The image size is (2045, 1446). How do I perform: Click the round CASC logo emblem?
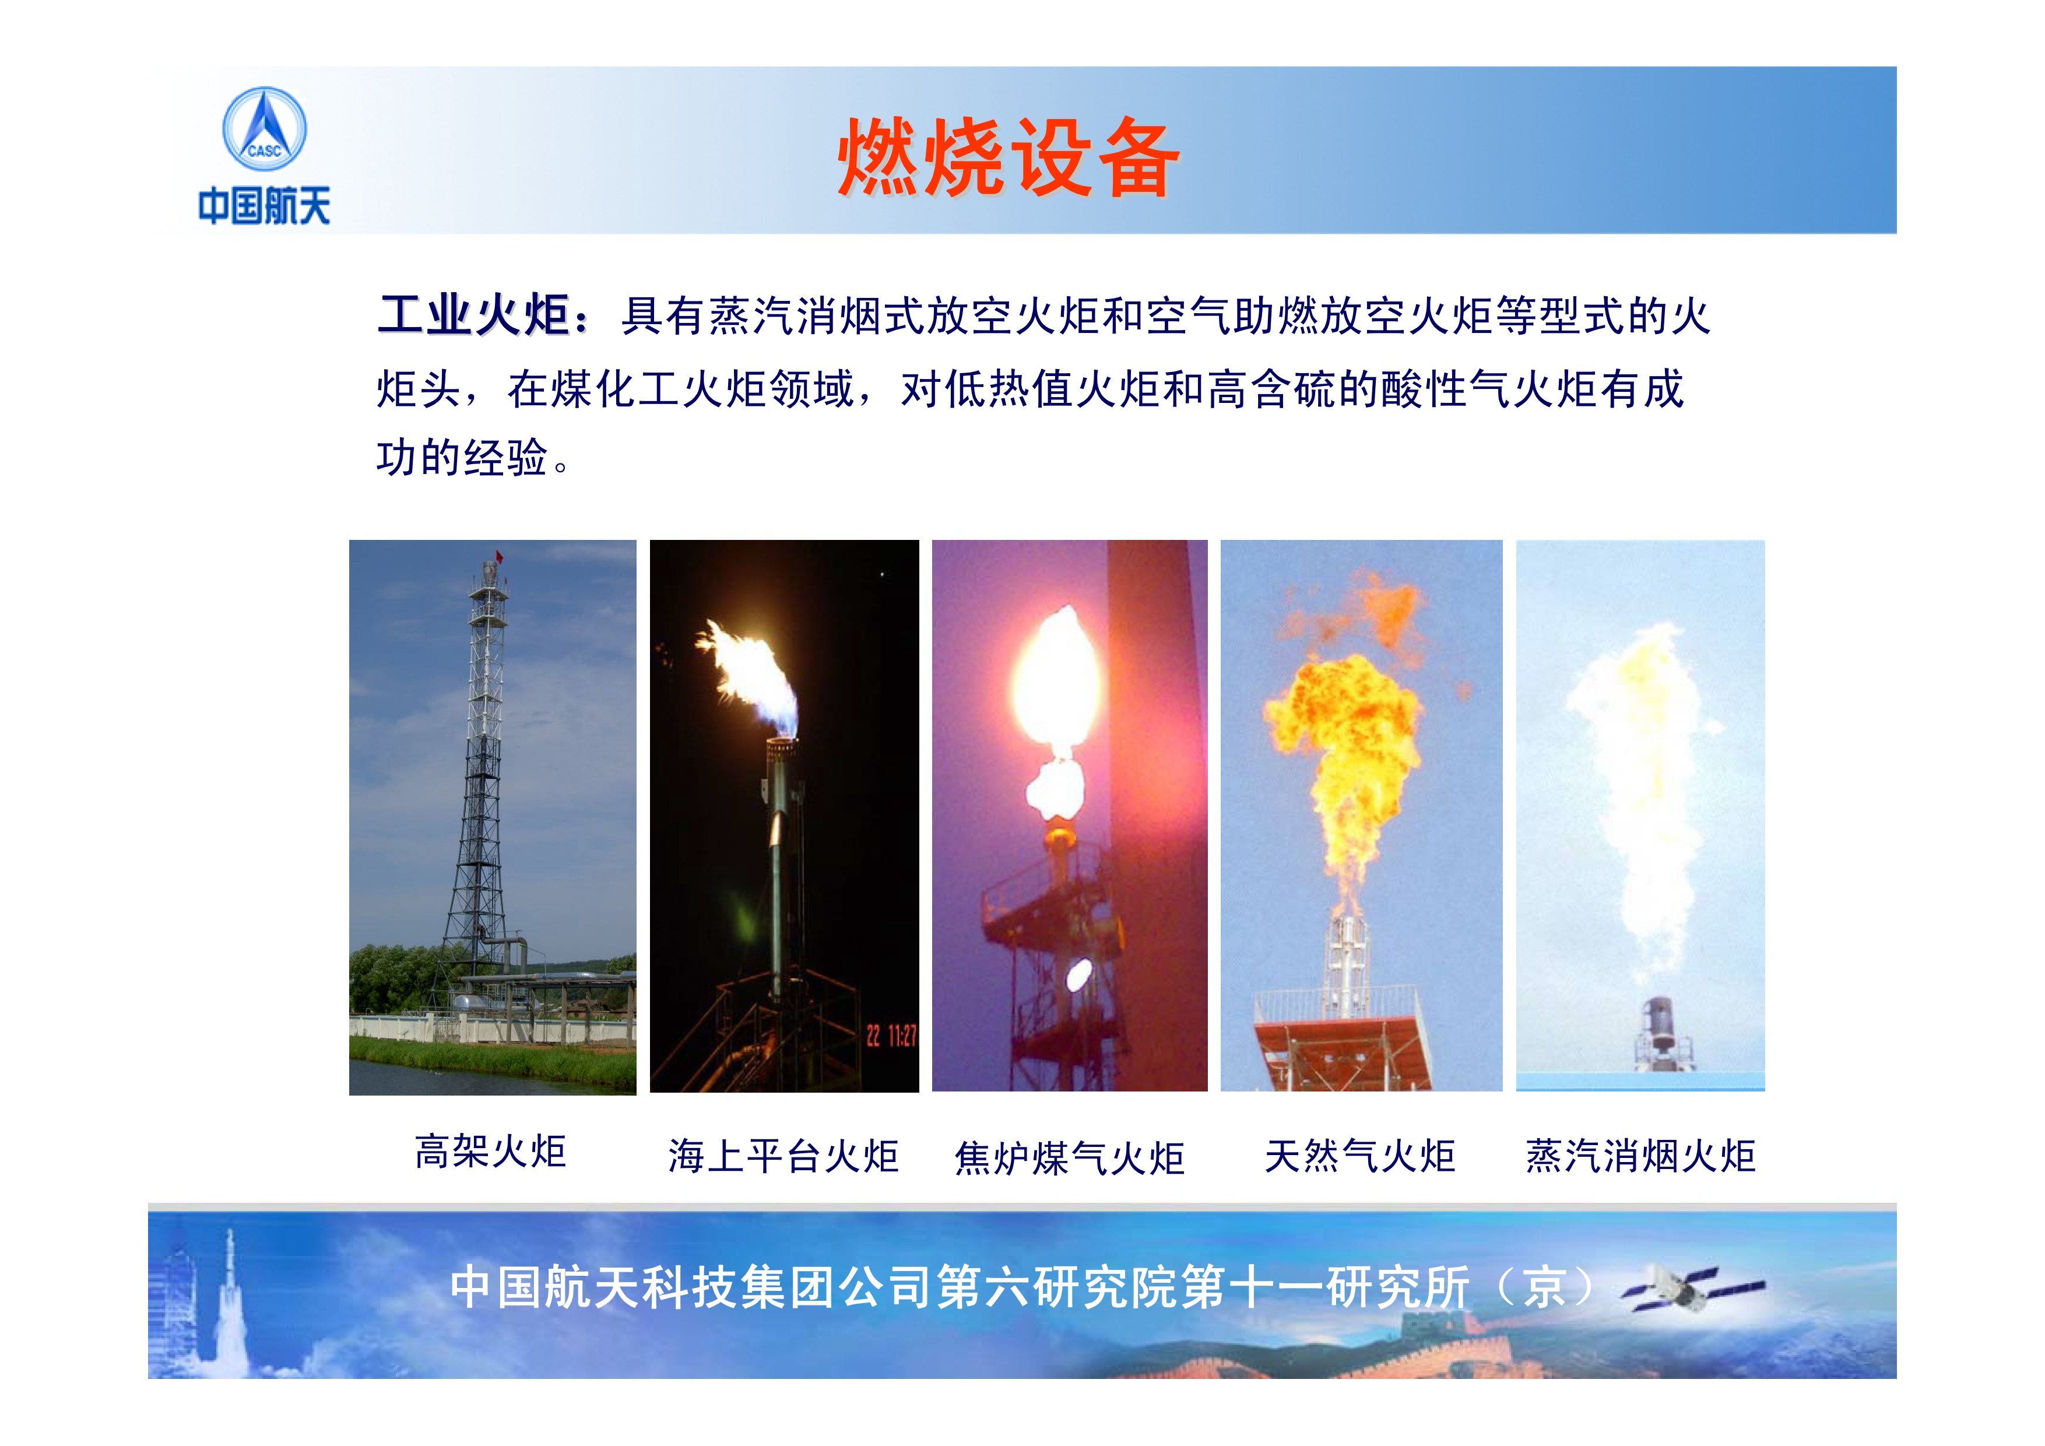(263, 129)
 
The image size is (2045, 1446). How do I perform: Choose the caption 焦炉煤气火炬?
(1069, 1158)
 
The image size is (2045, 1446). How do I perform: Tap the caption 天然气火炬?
(1360, 1156)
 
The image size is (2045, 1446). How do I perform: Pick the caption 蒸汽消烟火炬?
(1640, 1156)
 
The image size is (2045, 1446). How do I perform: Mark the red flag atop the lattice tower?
(500, 557)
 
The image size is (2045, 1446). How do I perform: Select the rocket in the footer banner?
(229, 1292)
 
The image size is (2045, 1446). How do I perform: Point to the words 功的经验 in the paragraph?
(462, 458)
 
